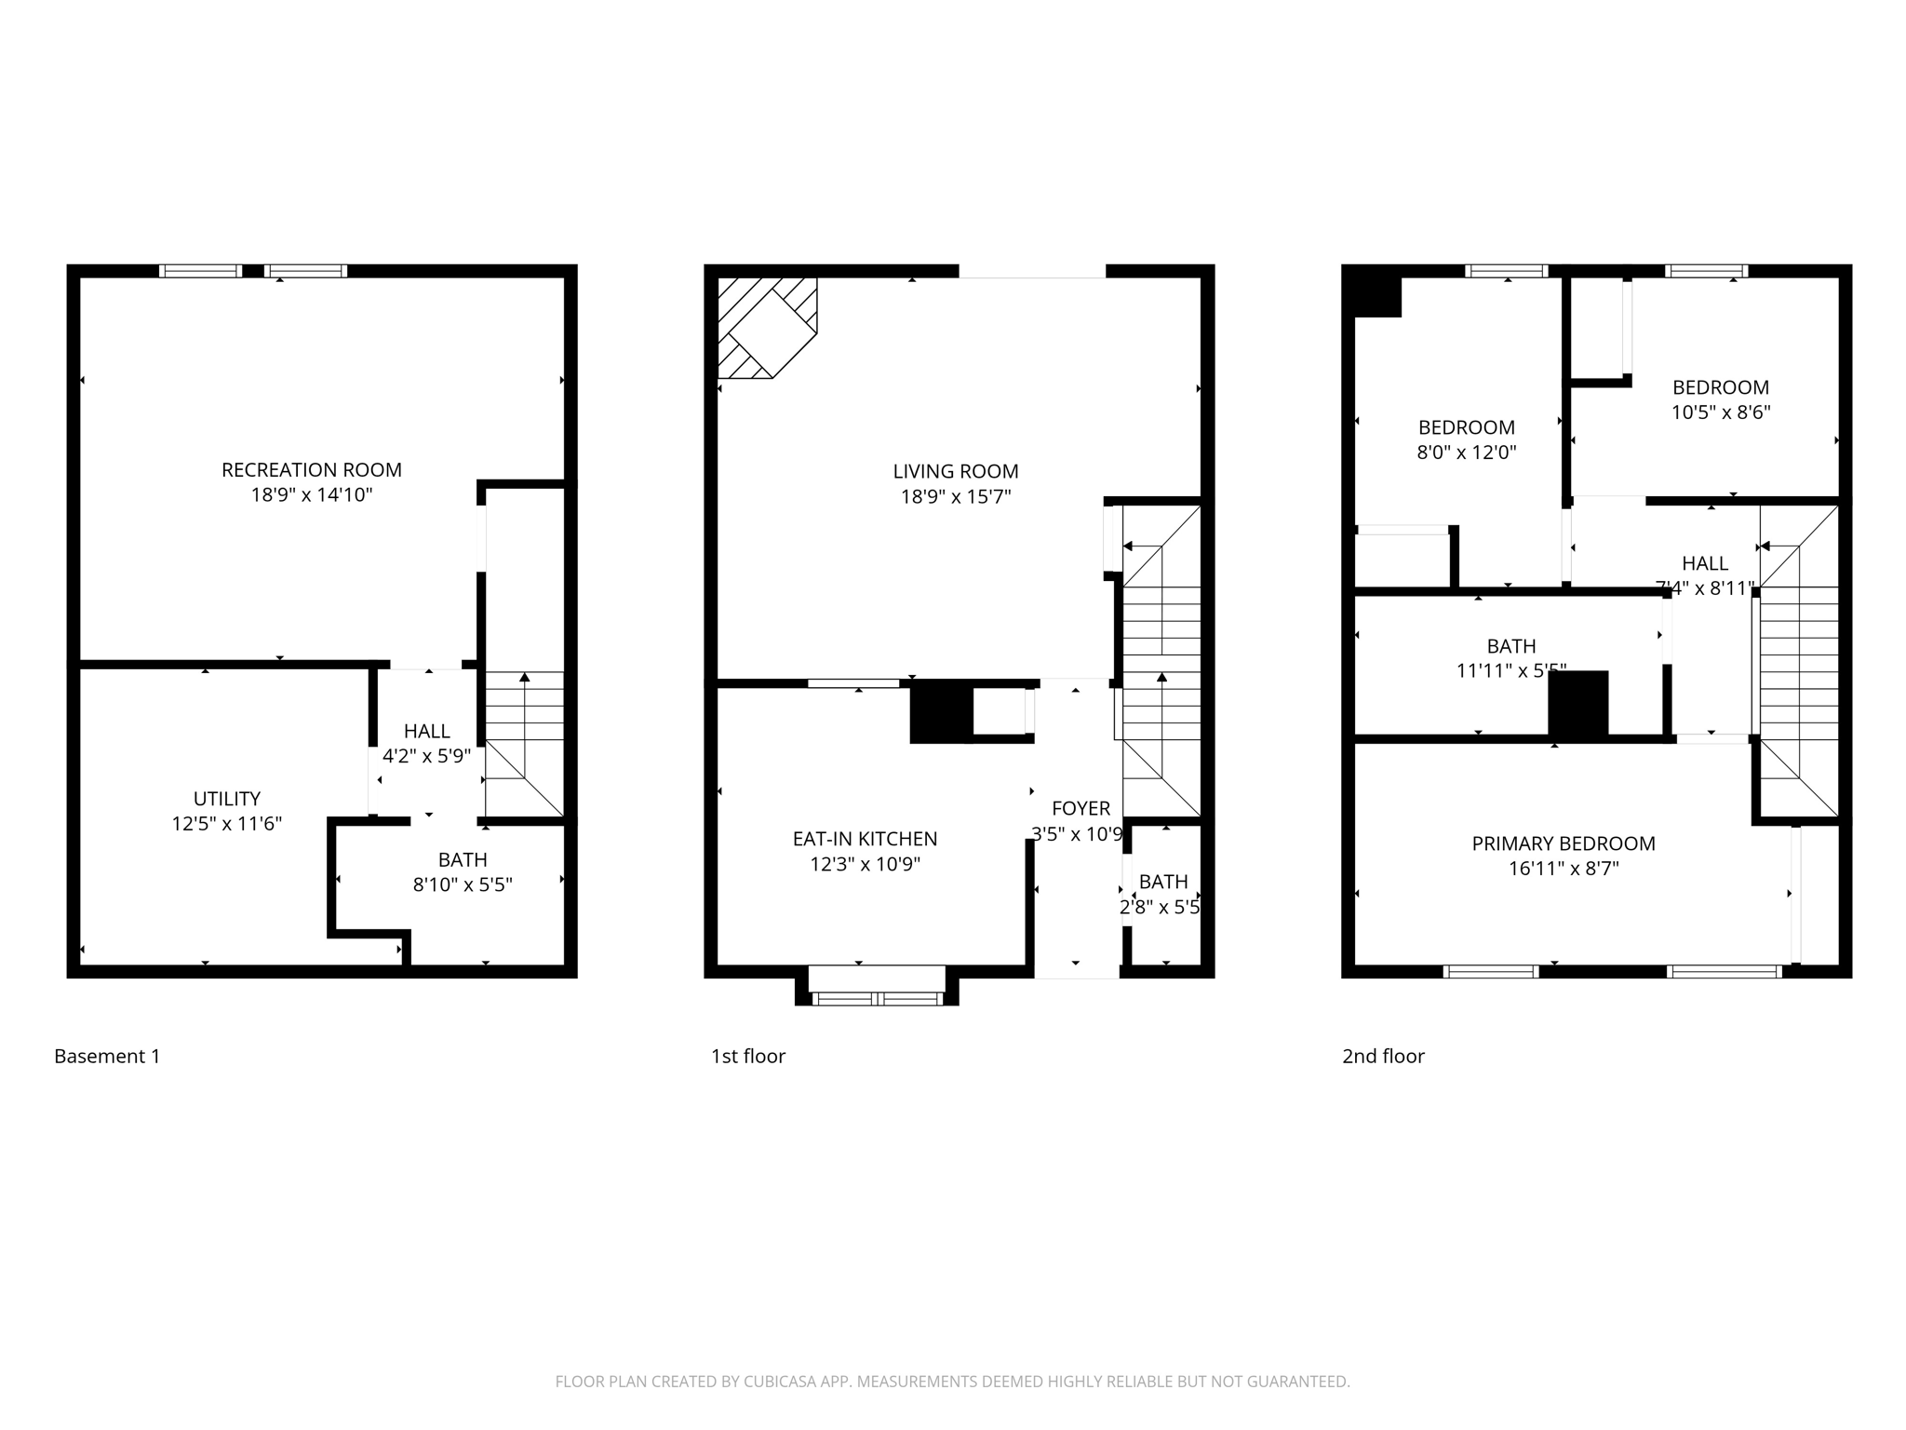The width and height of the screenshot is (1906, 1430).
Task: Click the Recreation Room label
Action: coord(311,470)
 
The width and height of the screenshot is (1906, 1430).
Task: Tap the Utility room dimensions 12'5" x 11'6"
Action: coord(226,824)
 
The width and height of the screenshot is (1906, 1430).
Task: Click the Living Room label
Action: coord(955,472)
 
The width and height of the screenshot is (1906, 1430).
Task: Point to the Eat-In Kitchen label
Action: coord(865,839)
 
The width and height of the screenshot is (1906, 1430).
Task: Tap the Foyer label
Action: coord(1081,808)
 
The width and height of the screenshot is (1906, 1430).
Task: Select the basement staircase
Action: coord(525,745)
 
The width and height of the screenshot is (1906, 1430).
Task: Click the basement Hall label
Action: coord(426,732)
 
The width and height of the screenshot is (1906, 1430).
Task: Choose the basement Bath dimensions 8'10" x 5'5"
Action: coord(463,884)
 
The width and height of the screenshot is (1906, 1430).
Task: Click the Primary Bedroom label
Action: coord(1563,843)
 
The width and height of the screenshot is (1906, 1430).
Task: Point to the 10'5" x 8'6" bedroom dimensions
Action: coord(1720,412)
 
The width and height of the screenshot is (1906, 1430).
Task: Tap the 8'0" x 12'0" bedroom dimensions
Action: coord(1466,452)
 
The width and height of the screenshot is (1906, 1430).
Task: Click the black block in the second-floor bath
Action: coord(1577,705)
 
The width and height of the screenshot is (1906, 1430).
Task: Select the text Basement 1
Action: coord(107,1056)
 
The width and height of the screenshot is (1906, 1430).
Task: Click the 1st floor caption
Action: coord(747,1056)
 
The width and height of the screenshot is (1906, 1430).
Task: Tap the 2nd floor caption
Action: coord(1382,1056)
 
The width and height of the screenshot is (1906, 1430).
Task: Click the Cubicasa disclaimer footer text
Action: coord(952,1382)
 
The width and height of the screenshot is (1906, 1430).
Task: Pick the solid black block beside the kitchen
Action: coord(940,711)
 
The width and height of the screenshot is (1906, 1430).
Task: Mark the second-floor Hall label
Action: coord(1704,563)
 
